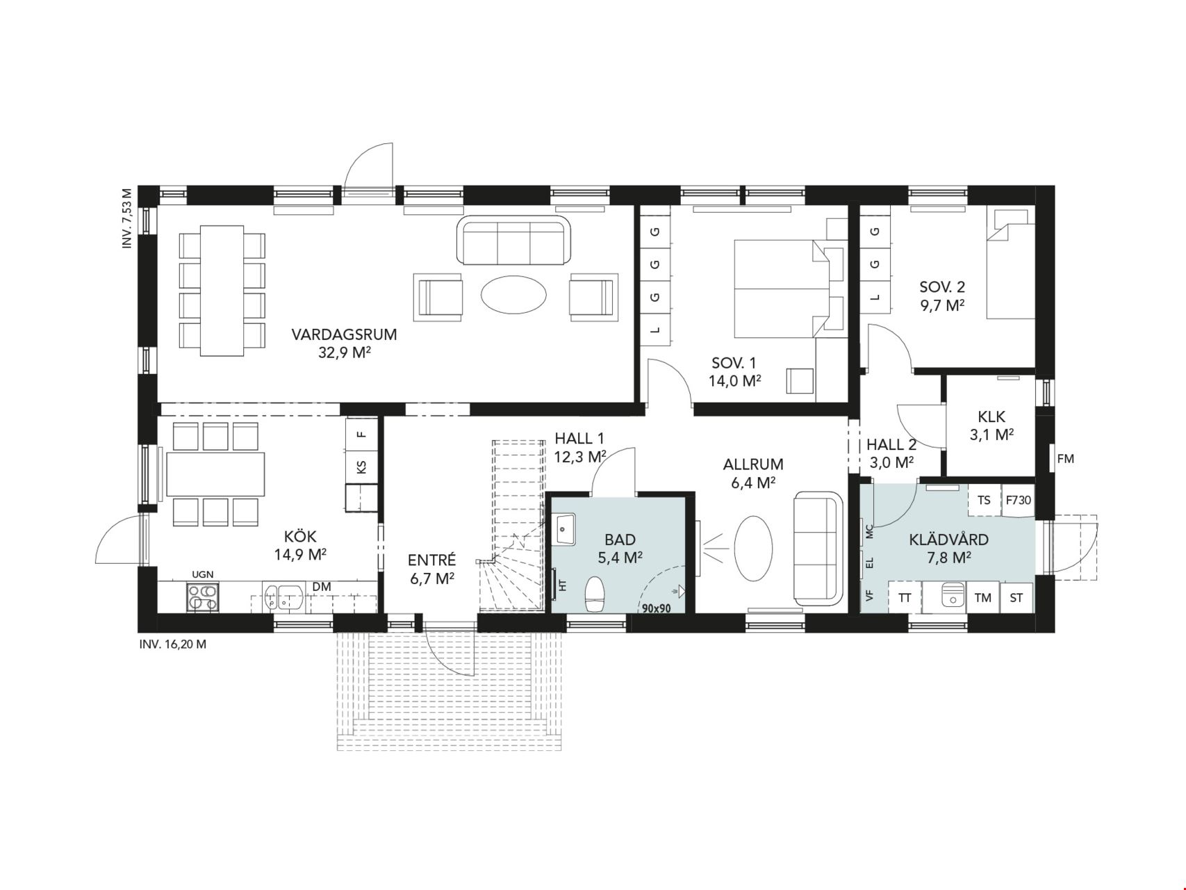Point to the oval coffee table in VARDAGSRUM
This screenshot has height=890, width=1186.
514,297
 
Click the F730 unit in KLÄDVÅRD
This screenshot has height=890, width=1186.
1019,500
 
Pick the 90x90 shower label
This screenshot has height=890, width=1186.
656,608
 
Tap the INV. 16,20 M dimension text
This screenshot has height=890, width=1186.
173,644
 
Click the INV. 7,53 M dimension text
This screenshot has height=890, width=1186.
126,219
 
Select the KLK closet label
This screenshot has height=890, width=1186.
991,417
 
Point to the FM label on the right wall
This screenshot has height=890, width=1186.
1065,459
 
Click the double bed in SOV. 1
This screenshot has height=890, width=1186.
782,289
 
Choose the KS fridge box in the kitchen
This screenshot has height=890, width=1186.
361,467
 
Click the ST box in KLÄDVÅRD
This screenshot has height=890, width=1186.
1016,597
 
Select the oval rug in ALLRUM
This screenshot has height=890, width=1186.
753,547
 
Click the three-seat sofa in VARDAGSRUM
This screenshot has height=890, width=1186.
513,241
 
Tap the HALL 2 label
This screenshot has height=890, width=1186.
891,445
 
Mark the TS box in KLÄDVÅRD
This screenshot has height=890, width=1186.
984,500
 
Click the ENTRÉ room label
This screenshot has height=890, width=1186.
431,560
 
